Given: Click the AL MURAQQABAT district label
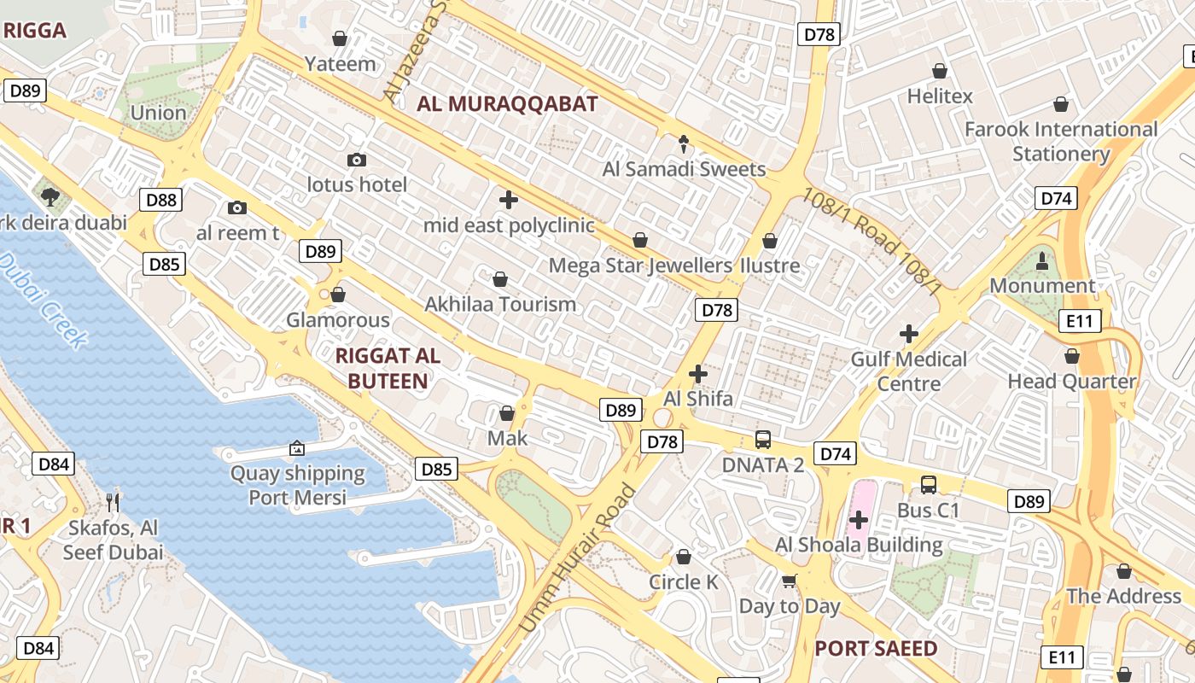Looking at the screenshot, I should point(507,104).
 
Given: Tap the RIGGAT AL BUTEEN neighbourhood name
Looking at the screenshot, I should point(388,368).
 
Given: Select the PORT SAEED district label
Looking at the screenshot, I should point(876,648).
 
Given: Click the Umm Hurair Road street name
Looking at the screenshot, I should point(578,558).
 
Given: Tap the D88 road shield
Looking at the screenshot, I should point(160,200).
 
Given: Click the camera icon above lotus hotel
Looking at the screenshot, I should point(357,160).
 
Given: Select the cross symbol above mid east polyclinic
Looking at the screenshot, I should point(509,201).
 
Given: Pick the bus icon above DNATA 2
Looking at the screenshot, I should point(763,440).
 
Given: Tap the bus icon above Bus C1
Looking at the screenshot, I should point(929,485).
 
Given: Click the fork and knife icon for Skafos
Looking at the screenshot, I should point(113,501).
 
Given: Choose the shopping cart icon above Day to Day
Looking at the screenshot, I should point(790,581).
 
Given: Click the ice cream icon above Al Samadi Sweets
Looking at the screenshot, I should point(684,143).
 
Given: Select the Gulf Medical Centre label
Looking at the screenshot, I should point(909,371).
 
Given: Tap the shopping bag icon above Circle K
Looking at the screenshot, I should point(684,557).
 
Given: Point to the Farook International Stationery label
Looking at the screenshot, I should point(1061,142).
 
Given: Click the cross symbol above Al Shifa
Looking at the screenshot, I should point(698,374).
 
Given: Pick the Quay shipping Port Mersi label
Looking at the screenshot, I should point(298,485).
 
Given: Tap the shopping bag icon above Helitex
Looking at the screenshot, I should point(940,71).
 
